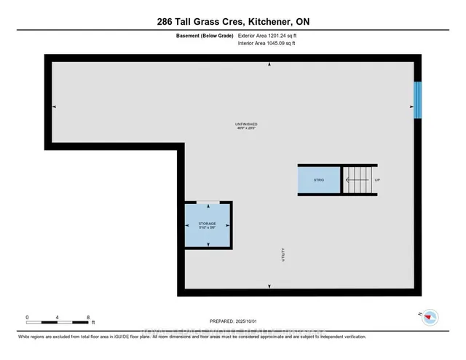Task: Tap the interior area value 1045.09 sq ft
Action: [267, 44]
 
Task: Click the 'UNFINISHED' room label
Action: [246, 124]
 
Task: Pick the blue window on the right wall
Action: [417, 99]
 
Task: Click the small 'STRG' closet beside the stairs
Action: [318, 179]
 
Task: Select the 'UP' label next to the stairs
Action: [377, 180]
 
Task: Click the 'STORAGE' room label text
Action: [207, 223]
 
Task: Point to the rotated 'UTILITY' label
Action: [283, 255]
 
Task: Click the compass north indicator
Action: [430, 316]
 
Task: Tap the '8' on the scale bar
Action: [88, 318]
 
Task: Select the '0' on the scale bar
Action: [27, 318]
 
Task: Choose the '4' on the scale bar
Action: [58, 318]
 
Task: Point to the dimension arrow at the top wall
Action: [269, 65]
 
